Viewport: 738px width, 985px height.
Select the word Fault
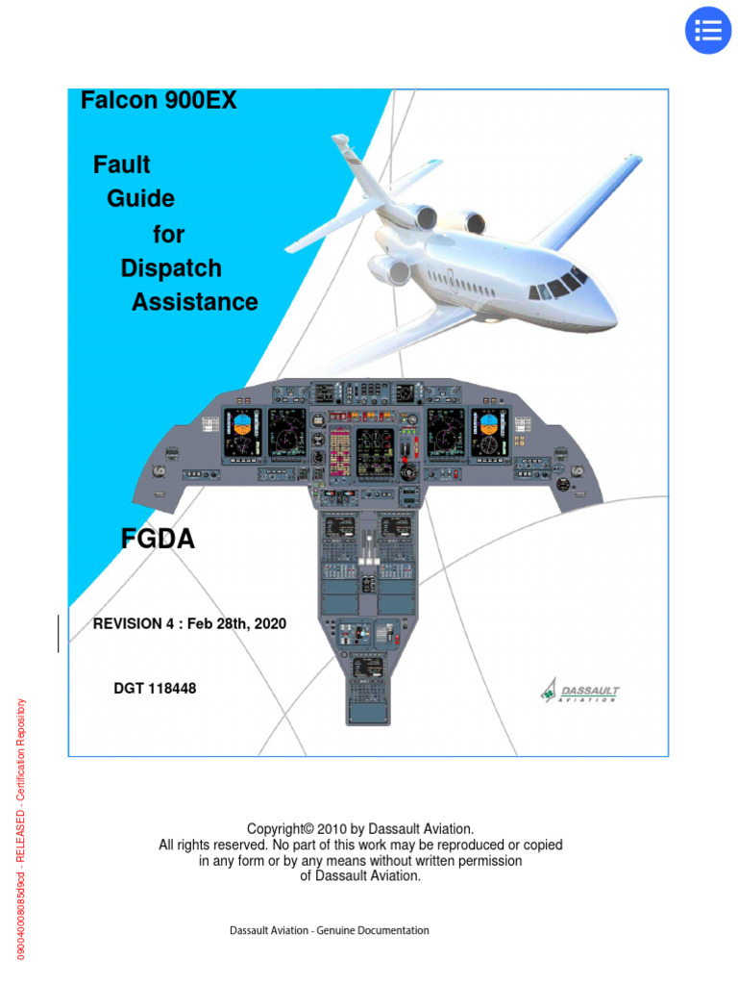click(122, 164)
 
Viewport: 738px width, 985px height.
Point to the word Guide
click(140, 199)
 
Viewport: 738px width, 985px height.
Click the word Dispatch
click(171, 268)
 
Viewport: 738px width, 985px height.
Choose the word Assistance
click(195, 302)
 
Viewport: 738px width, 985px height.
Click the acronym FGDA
click(158, 541)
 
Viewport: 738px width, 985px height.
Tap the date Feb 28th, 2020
click(236, 624)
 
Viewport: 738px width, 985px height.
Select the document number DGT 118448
click(155, 689)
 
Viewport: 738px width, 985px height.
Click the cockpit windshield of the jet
click(561, 285)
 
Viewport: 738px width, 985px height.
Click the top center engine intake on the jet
click(474, 223)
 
